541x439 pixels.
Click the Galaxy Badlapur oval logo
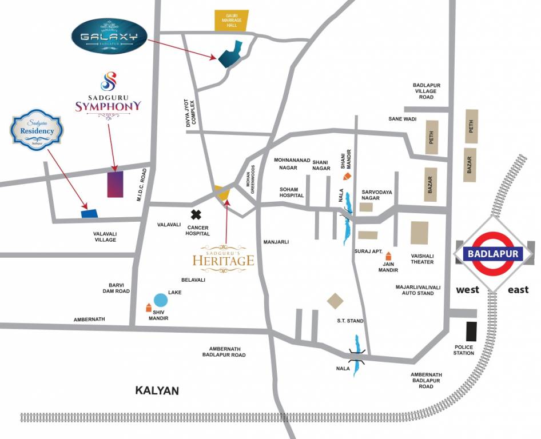click(109, 37)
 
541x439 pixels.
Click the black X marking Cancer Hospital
click(196, 215)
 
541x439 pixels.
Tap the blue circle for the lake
click(161, 300)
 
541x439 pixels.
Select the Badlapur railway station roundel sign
click(493, 253)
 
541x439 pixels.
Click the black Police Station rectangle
click(471, 332)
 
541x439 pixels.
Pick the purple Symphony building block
click(115, 184)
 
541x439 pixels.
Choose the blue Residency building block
click(89, 213)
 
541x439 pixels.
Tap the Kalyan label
click(157, 391)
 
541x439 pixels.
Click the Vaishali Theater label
click(422, 258)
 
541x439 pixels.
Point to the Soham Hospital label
click(293, 192)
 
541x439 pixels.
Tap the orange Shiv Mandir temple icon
click(149, 308)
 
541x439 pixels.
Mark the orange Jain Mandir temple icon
click(389, 256)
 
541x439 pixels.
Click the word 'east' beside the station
click(518, 290)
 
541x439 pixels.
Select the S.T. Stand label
click(350, 321)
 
